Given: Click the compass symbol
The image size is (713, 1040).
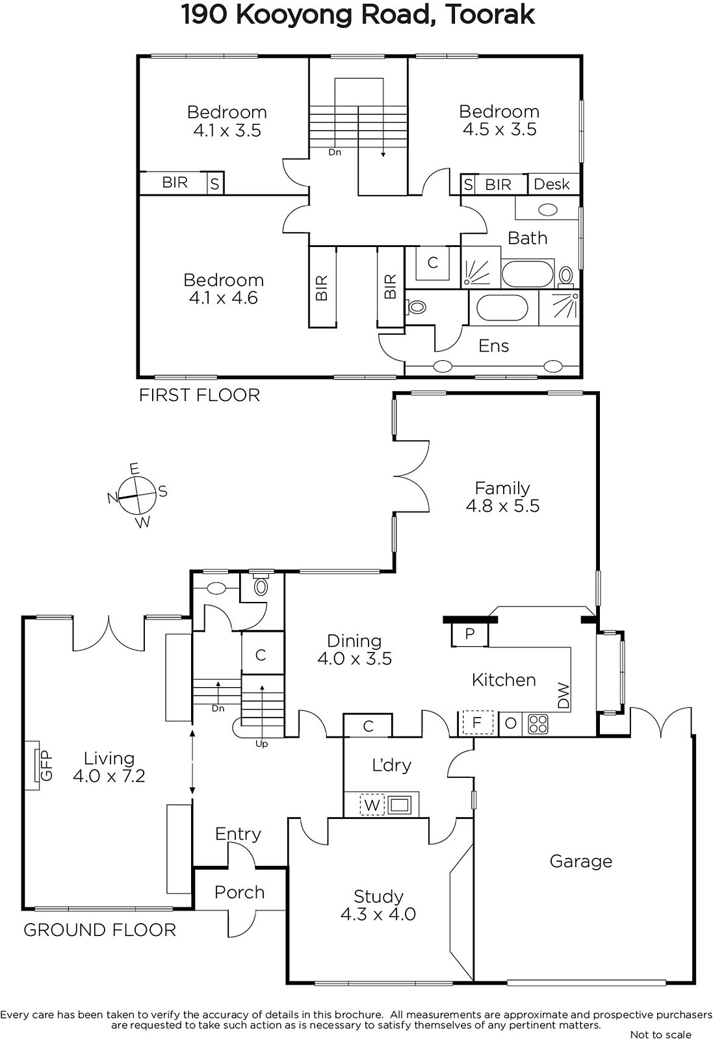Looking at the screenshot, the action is point(137,495).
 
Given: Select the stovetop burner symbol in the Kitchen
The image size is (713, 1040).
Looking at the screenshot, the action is point(538,724).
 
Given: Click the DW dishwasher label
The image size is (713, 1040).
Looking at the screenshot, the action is point(563,695).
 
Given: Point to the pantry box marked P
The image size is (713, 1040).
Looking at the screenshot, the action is point(470,634).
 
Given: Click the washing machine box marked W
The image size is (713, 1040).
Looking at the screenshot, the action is point(372,805).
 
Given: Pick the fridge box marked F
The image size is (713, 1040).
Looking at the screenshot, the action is point(476,723).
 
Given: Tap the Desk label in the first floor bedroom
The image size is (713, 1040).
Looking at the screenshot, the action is point(551,185).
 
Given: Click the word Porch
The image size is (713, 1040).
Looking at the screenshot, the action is point(240,892).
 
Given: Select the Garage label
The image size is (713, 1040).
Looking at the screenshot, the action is point(580,861).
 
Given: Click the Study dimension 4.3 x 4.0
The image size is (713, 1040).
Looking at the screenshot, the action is point(378,914).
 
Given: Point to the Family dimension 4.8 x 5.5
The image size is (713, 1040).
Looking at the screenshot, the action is point(502,506).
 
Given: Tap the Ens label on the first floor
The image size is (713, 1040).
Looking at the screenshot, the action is point(493,346).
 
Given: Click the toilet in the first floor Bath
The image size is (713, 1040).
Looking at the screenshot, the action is point(566,276).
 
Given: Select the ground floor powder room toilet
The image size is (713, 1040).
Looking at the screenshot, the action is point(261,584).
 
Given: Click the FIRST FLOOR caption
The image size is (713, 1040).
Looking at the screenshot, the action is point(200,395).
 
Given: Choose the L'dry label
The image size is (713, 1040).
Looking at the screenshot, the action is point(392,764).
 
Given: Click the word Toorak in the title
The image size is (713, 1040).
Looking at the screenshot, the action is point(489,14).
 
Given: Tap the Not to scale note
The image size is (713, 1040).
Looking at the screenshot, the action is point(660,1034).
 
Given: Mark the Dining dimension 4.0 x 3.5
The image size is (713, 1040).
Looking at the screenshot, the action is point(355,658).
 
